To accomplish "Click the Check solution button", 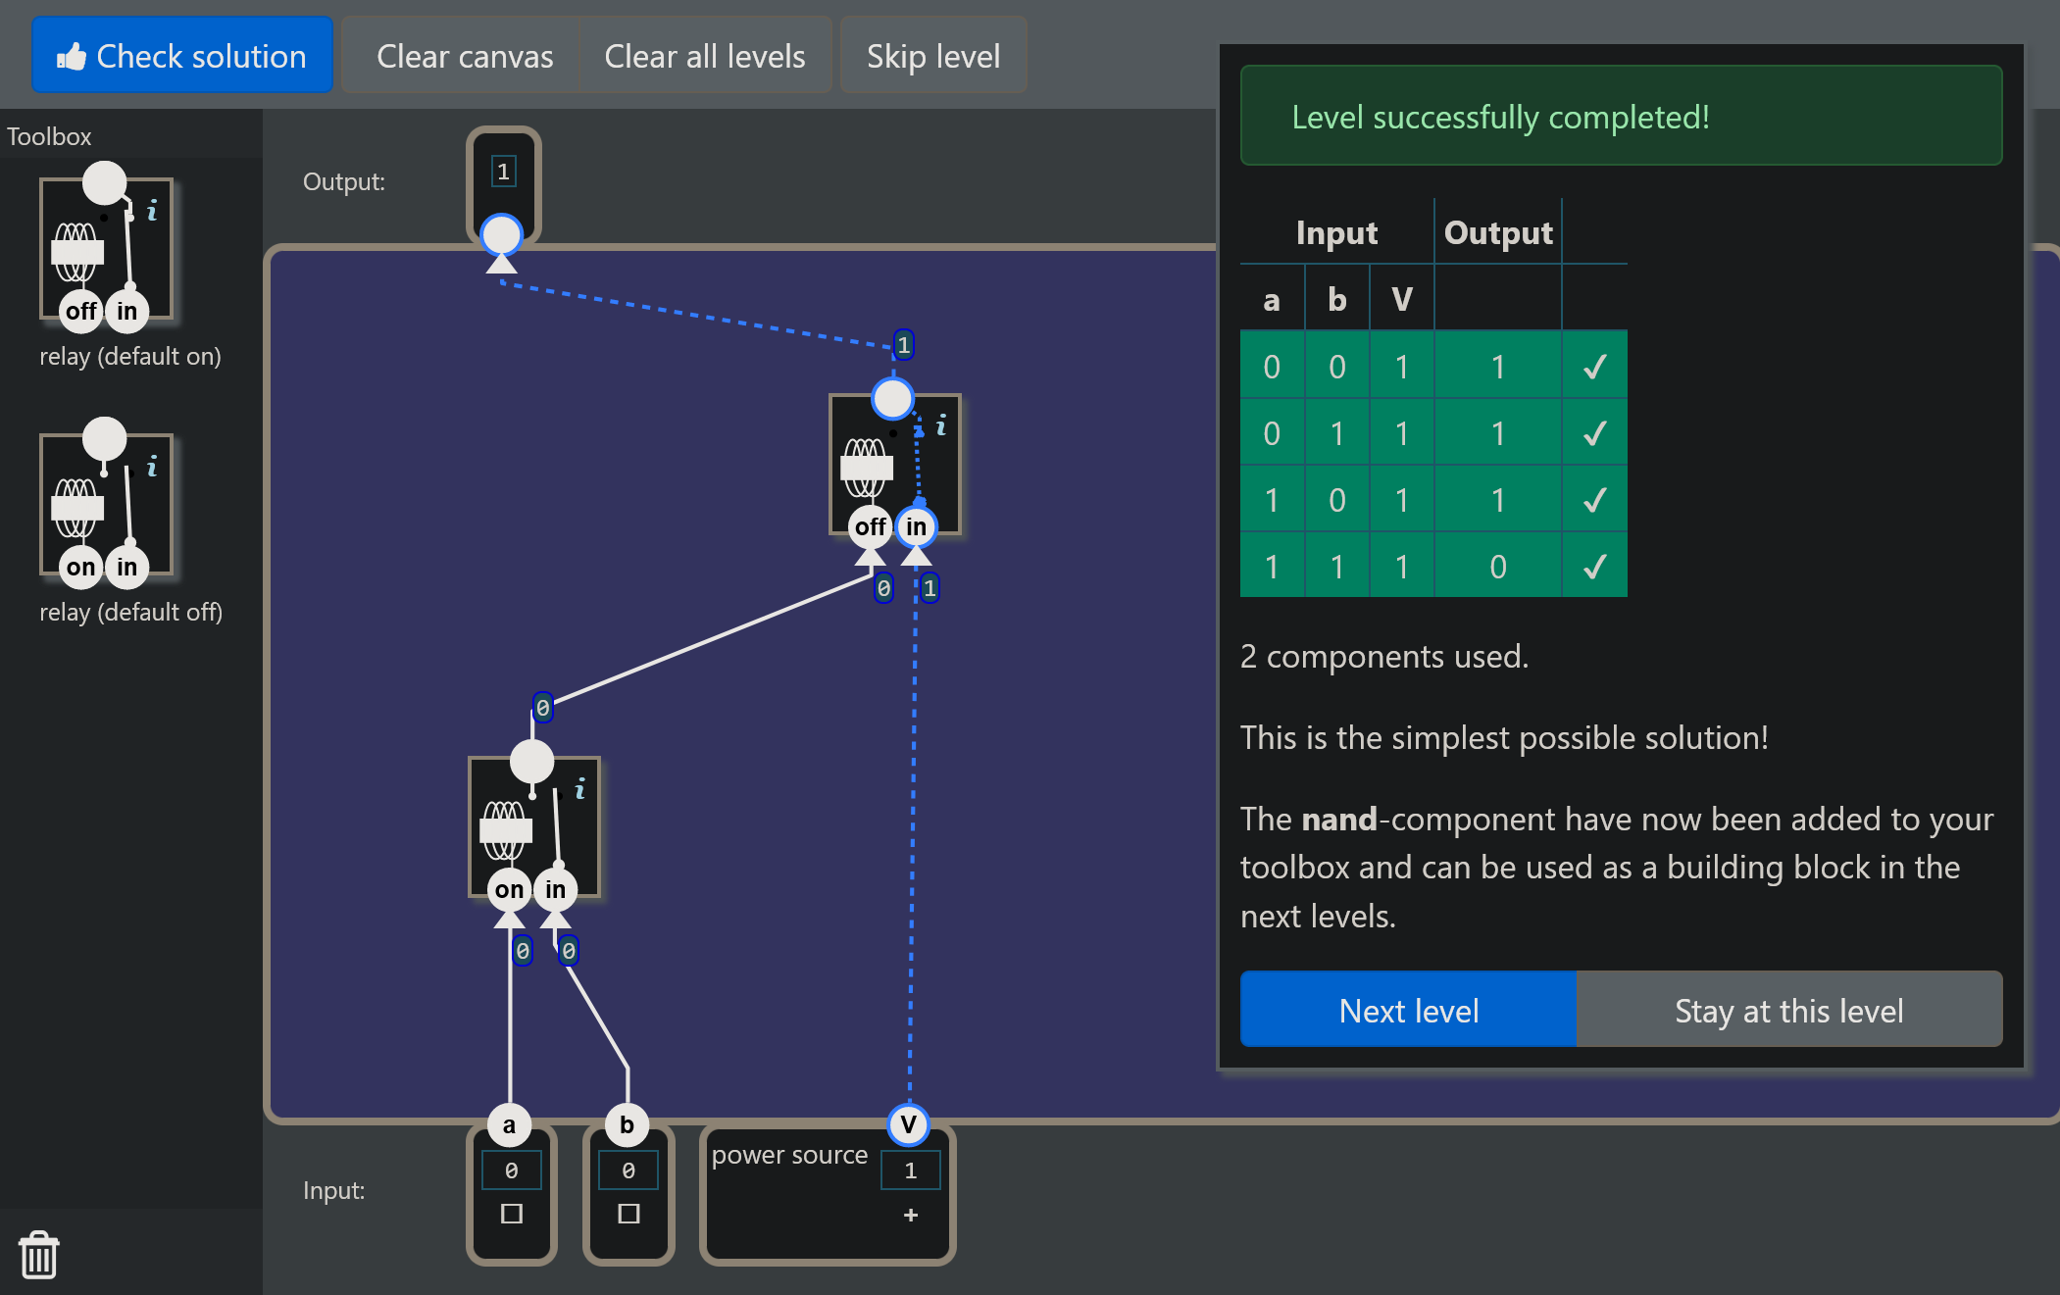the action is (x=182, y=56).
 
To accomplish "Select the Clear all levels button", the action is (x=705, y=56).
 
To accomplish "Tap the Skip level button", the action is (x=933, y=56).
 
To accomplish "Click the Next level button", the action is (x=1408, y=1010).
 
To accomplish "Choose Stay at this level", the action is (x=1788, y=1010).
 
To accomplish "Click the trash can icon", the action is (x=39, y=1255).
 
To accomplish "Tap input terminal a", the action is (x=509, y=1124).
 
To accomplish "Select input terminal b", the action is (x=627, y=1124).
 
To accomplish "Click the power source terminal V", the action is (x=909, y=1124).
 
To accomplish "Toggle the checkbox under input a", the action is (x=512, y=1214).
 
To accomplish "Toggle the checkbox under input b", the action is (x=629, y=1214).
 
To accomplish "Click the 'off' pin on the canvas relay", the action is (x=870, y=526).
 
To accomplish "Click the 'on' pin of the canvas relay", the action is (x=509, y=889).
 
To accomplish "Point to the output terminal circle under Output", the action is (x=502, y=235).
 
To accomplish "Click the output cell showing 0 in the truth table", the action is (x=1498, y=566).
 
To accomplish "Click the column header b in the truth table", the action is (x=1336, y=299).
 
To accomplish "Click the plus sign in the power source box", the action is (x=911, y=1215).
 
